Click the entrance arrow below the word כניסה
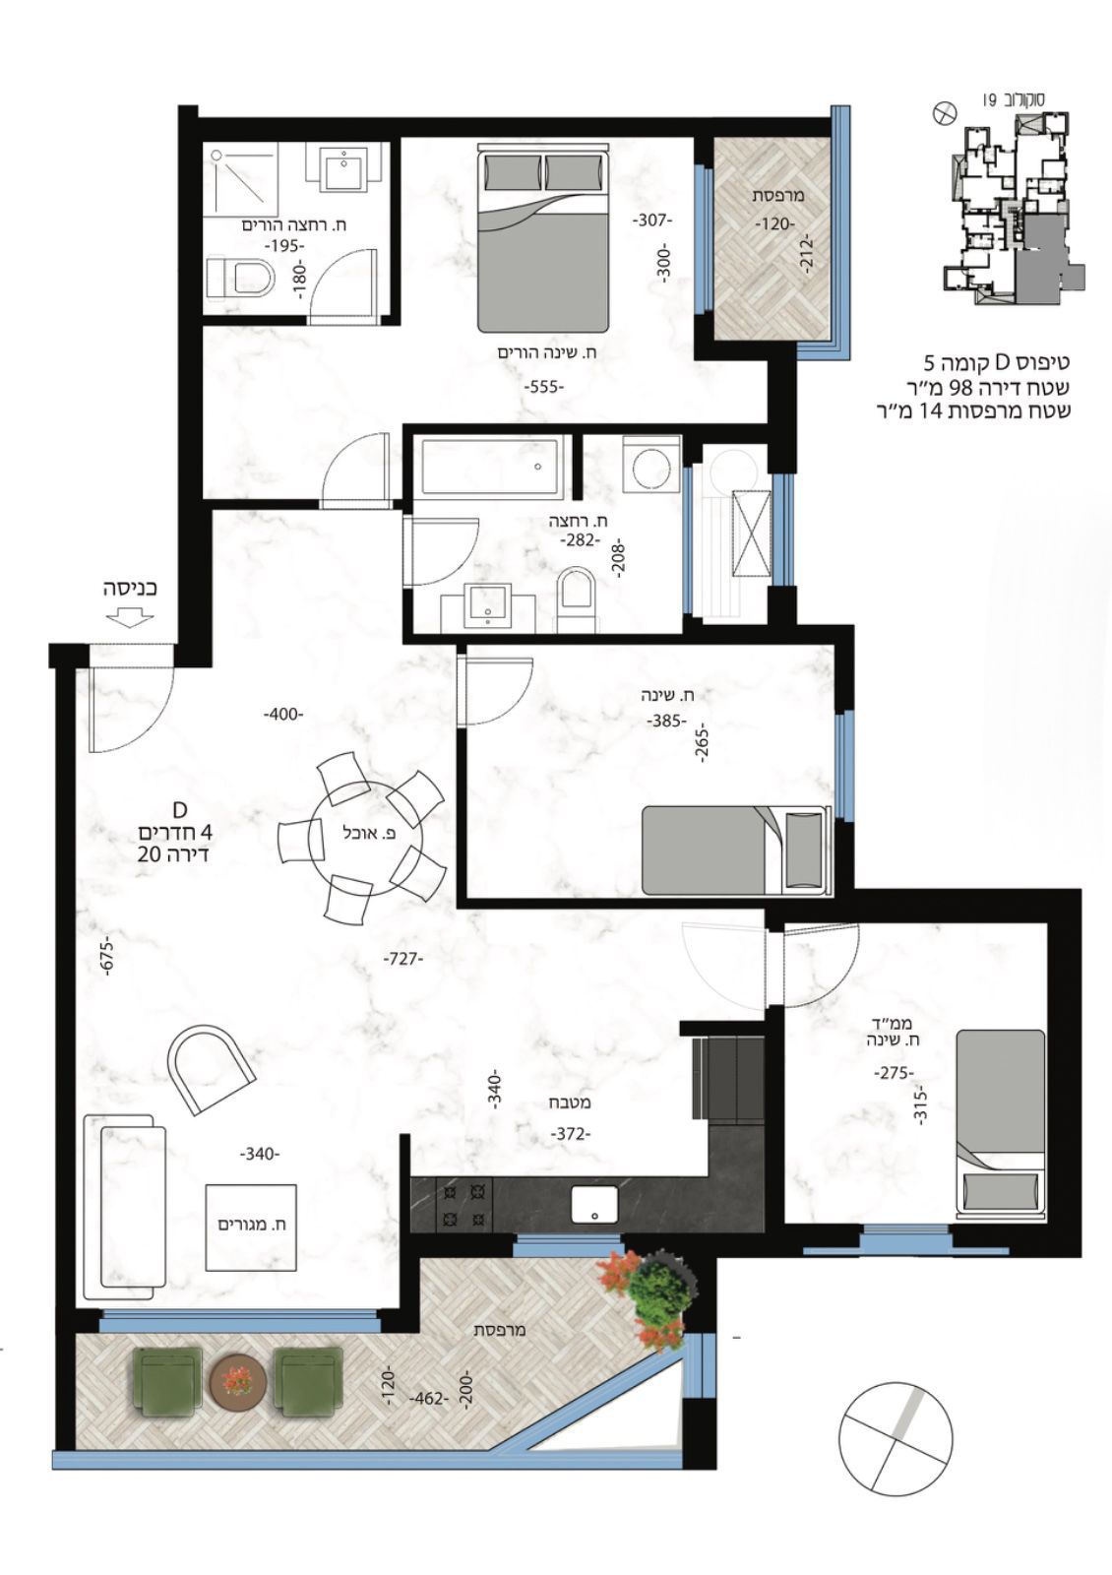130,617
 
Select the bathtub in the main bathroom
490,466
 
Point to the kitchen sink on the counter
594,1205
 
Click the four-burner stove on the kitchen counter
463,1205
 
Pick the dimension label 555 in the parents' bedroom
545,387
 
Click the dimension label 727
402,958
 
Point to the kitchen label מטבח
570,1102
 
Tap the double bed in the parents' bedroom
542,237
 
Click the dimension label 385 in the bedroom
665,721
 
